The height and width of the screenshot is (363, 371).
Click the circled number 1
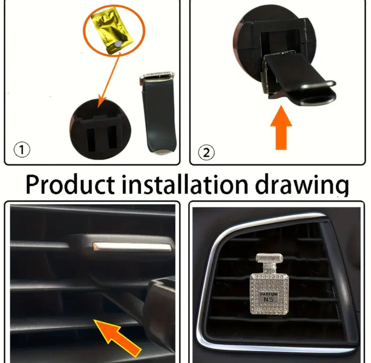point(22,150)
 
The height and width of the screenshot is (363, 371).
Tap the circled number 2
point(206,153)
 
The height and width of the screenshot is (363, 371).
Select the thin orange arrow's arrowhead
point(102,102)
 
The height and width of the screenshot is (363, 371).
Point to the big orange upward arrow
point(281,128)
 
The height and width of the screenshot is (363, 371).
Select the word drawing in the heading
point(302,186)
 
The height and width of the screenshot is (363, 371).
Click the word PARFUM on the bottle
point(268,295)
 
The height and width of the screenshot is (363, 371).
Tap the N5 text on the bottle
point(268,300)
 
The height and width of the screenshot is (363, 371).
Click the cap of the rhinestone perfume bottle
point(269,259)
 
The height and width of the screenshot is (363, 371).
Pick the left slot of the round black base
point(91,138)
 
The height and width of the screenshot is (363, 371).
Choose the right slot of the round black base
point(112,137)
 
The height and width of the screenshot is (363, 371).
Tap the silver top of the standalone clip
point(157,76)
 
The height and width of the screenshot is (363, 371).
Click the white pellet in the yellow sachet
point(118,44)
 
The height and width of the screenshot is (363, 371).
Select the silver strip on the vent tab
point(132,247)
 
